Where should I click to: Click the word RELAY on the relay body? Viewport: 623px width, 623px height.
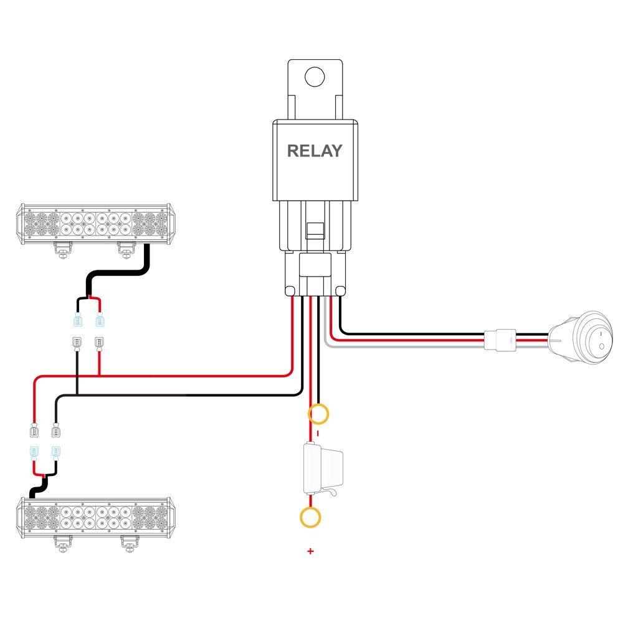coord(314,151)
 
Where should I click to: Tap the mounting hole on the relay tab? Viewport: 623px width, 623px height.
coord(315,77)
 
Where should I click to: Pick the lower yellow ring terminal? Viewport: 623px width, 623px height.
coord(310,516)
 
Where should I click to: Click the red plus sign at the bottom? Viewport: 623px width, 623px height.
coord(310,551)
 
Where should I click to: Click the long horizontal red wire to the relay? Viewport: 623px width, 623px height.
coord(187,375)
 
